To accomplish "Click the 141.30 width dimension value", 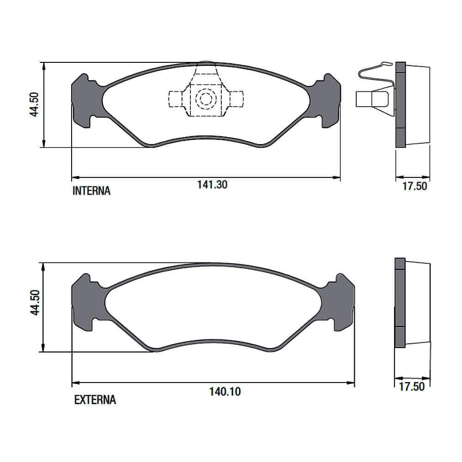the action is pyautogui.click(x=212, y=185).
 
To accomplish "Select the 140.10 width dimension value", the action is pyautogui.click(x=225, y=392).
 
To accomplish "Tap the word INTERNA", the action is pyautogui.click(x=91, y=191).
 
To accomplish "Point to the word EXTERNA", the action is pyautogui.click(x=95, y=400).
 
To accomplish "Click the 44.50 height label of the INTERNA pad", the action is pyautogui.click(x=35, y=104).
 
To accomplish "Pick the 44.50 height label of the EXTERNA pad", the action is pyautogui.click(x=35, y=303).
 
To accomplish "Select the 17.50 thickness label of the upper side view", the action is pyautogui.click(x=414, y=186).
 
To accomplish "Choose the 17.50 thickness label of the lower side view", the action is pyautogui.click(x=412, y=387).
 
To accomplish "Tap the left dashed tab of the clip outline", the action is pyautogui.click(x=176, y=99).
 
